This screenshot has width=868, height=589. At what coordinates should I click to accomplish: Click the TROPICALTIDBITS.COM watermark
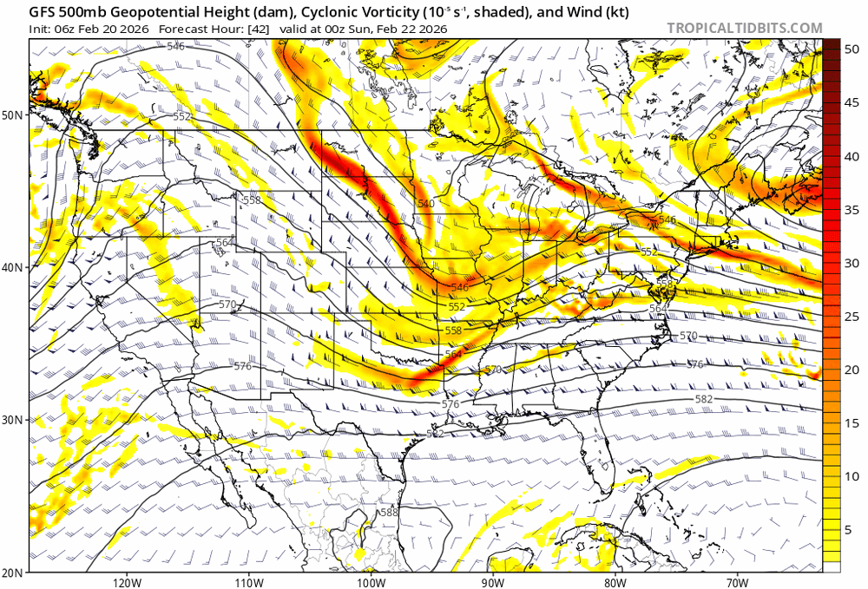click(744, 28)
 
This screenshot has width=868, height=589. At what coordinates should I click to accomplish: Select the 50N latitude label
click(14, 115)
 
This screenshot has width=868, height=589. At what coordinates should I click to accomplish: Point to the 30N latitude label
click(14, 420)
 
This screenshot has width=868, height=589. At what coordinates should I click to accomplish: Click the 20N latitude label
click(14, 573)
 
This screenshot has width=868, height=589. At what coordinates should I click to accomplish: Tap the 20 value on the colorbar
click(852, 370)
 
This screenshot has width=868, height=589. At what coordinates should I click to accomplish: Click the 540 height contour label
click(425, 204)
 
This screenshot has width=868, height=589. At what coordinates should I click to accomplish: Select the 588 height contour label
click(389, 513)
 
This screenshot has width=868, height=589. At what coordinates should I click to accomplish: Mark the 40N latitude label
click(14, 267)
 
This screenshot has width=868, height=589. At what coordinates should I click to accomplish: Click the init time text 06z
click(72, 29)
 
